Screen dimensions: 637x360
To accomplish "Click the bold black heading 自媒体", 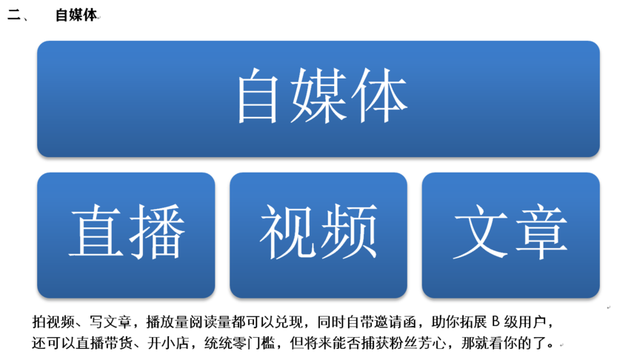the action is tap(76, 16).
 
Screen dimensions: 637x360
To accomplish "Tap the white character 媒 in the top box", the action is tap(318, 96).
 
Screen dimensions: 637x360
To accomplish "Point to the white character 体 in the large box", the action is tap(379, 96).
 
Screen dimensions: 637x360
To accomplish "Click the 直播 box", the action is tap(126, 236).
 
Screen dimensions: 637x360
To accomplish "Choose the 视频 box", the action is tap(318, 236).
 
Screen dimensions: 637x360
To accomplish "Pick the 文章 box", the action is tap(510, 236).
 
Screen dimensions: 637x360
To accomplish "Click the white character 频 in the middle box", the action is tap(350, 231).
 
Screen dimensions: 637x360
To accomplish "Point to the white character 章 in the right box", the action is tap(541, 231).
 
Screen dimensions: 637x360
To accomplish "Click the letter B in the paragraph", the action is tap(496, 321).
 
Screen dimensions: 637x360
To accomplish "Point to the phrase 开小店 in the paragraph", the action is tap(168, 343).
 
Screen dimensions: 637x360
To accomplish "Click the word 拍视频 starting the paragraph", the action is tap(53, 321).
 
